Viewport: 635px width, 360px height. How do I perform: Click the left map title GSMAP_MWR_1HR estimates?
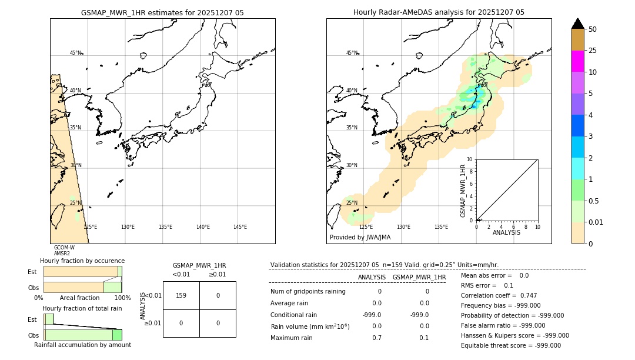coord(162,12)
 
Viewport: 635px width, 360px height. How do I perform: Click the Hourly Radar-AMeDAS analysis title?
coord(439,12)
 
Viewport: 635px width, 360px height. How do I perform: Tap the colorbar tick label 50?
coord(593,29)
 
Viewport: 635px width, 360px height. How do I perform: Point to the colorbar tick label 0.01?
coord(596,222)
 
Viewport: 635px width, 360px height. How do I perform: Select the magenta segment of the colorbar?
coord(578,61)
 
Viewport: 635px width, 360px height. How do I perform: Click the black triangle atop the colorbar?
coord(578,24)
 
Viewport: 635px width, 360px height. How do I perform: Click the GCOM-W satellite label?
coord(64,248)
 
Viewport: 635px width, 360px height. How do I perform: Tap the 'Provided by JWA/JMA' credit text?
coord(360,238)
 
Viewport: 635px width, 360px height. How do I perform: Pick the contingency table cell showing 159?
coord(181,295)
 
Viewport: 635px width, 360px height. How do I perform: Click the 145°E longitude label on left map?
coord(240,227)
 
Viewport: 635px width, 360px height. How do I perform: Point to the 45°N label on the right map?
coord(352,53)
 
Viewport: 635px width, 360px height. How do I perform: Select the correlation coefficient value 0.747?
coord(524,295)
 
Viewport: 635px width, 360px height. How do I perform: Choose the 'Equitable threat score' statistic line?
coord(510,345)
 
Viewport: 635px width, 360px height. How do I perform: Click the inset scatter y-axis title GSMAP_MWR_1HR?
coord(463,191)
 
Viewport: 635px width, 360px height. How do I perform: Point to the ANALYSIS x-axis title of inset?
coord(506,232)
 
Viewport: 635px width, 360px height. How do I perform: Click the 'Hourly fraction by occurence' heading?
coord(82,261)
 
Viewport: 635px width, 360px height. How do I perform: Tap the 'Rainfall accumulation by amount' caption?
coord(82,345)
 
